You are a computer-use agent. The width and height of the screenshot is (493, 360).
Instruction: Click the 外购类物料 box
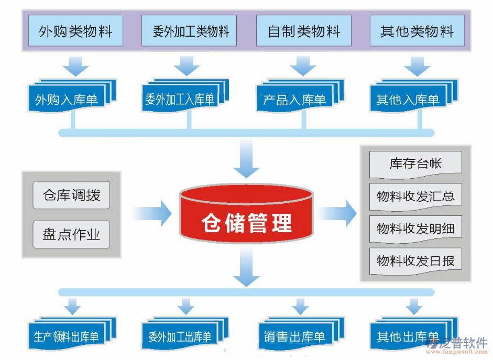75,31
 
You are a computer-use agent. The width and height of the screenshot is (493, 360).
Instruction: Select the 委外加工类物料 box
189,31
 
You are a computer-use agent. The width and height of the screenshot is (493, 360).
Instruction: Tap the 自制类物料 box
303,31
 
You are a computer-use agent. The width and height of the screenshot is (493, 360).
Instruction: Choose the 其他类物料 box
417,31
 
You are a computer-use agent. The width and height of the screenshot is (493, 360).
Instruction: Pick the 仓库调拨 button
71,196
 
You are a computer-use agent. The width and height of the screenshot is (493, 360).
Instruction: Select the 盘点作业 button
71,234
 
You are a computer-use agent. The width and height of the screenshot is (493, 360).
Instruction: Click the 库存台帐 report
415,164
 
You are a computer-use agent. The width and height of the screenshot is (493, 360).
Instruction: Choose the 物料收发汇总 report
415,197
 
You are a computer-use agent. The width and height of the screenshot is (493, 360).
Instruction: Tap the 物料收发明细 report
415,228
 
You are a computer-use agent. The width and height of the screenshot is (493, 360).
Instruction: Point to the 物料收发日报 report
415,260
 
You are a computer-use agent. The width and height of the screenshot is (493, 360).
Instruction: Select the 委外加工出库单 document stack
181,336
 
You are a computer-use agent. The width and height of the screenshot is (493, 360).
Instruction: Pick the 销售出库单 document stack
296,336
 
